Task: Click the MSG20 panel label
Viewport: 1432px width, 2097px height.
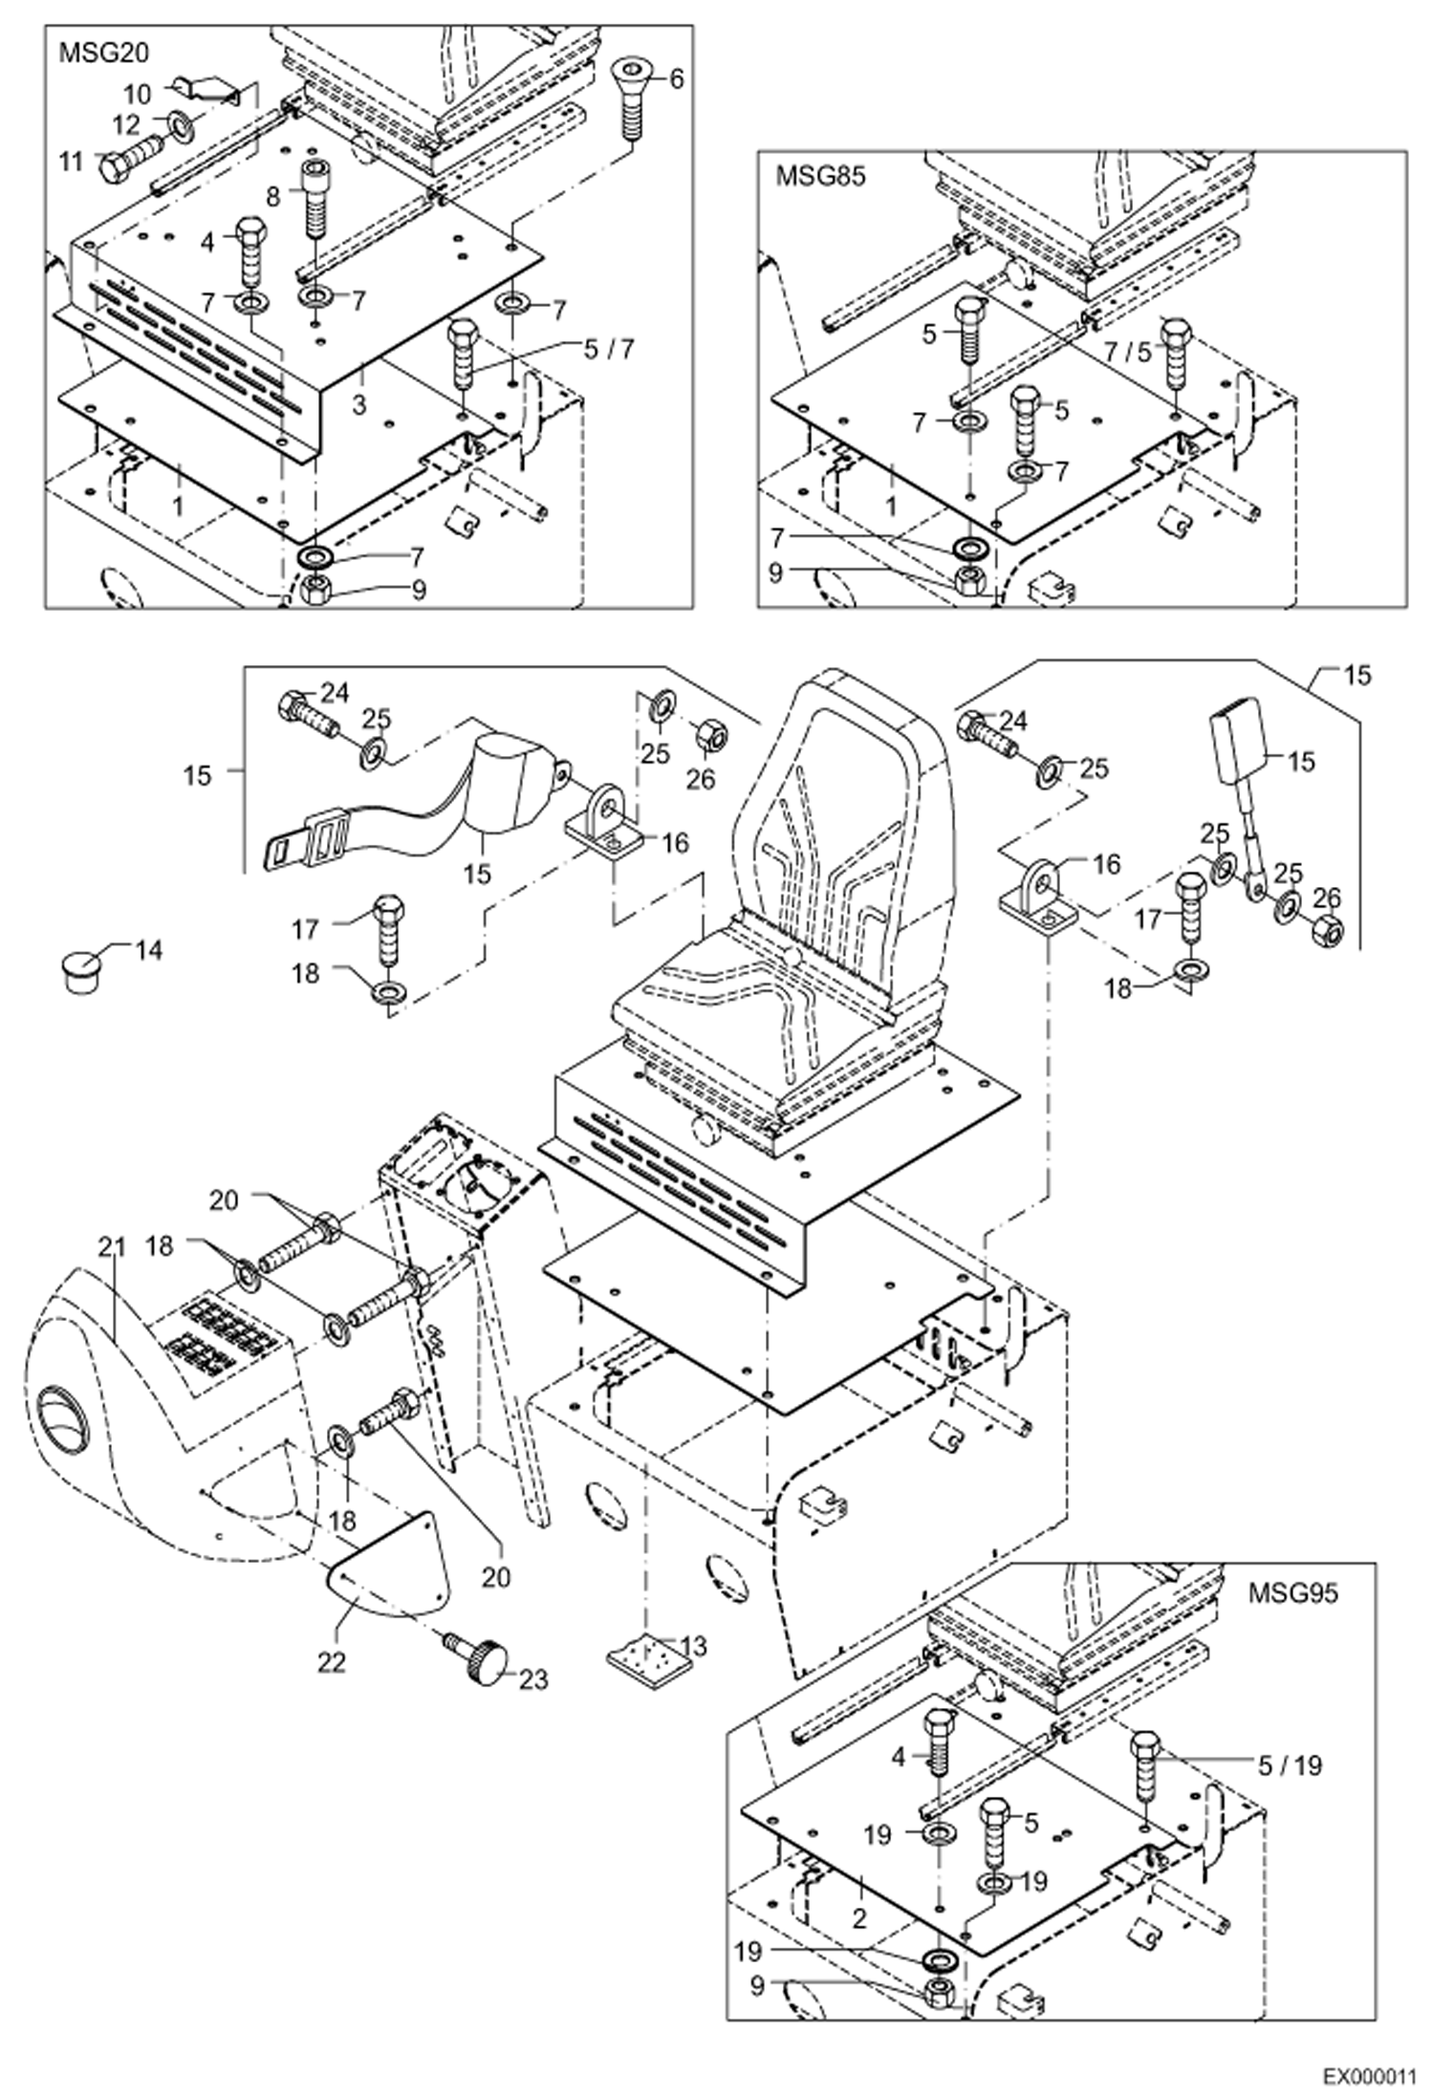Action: pos(104,54)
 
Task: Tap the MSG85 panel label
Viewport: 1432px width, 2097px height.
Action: pos(820,177)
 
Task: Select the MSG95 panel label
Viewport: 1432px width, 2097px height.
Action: pos(1293,1592)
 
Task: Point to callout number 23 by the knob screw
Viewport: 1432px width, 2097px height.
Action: pos(533,1679)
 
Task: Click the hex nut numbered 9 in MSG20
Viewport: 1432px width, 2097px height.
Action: pos(315,591)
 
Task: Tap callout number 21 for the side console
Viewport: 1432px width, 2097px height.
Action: pos(112,1246)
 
